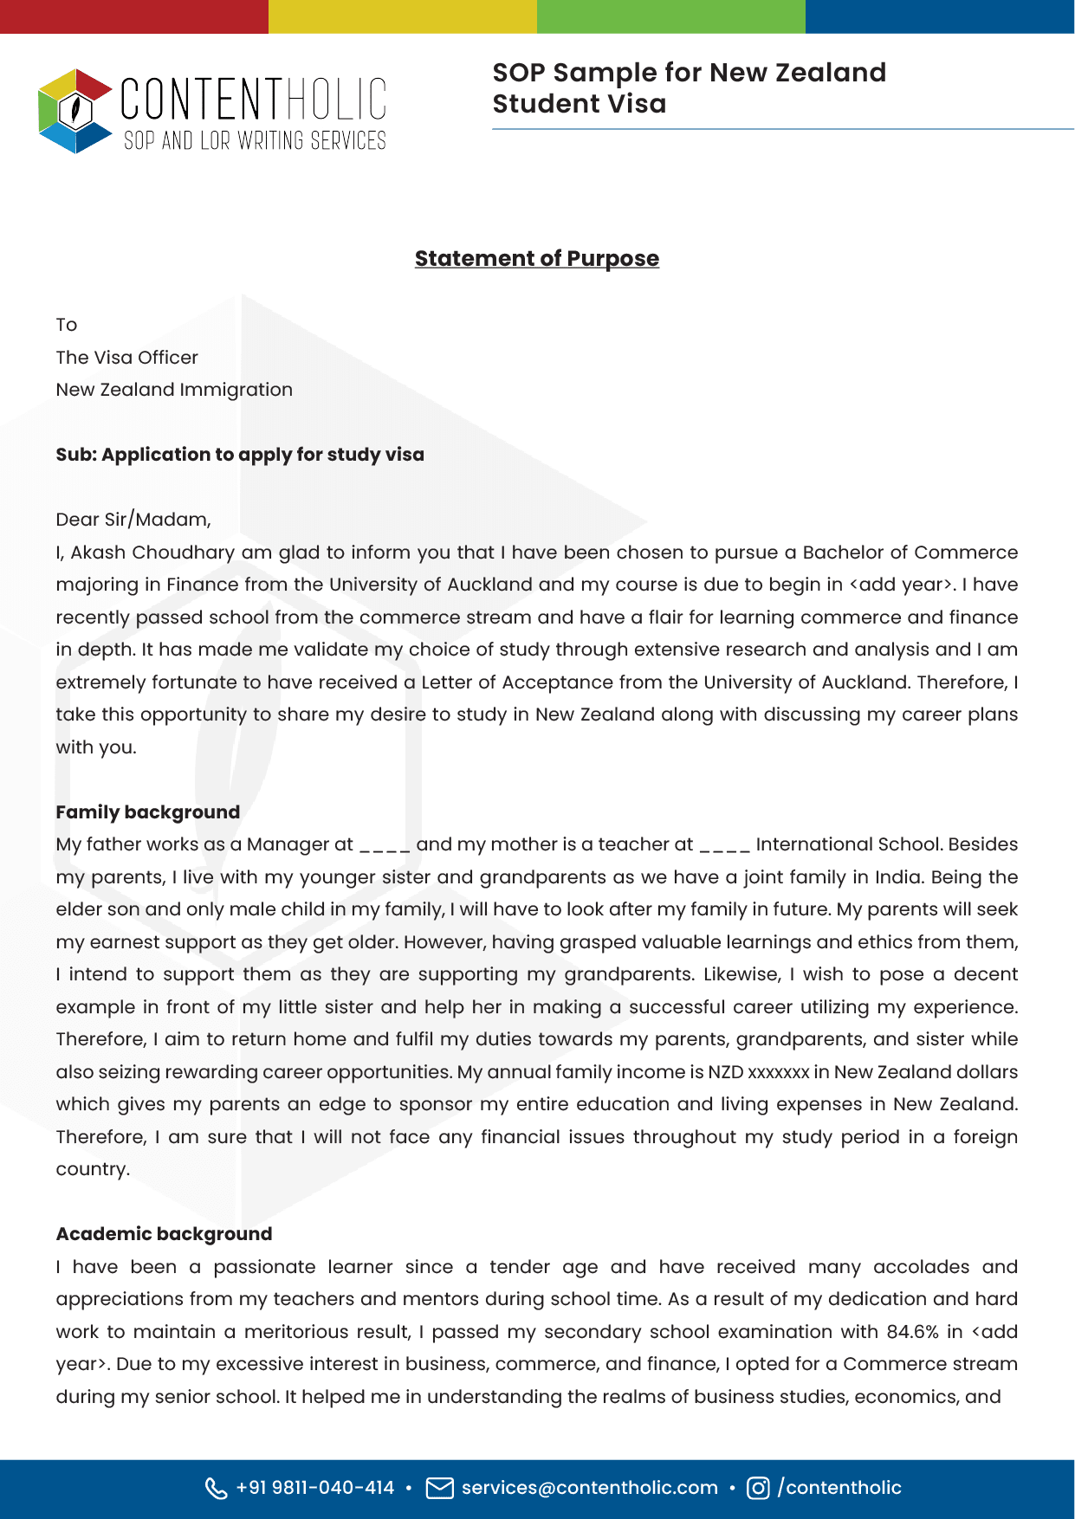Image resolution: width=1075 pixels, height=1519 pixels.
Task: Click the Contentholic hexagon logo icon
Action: (x=75, y=111)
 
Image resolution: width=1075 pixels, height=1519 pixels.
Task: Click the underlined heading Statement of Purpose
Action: (x=536, y=258)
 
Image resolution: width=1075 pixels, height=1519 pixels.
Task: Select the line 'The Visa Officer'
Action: (x=126, y=358)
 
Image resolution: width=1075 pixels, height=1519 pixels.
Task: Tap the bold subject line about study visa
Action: (x=240, y=455)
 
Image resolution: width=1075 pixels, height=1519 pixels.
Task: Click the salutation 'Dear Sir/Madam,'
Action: (x=133, y=520)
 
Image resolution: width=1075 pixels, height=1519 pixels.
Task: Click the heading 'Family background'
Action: (x=147, y=812)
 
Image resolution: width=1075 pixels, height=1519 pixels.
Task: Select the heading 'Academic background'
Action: (x=164, y=1234)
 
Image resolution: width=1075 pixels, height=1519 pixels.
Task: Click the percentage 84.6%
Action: (x=912, y=1332)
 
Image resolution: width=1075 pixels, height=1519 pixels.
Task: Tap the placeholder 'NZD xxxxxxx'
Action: (x=758, y=1072)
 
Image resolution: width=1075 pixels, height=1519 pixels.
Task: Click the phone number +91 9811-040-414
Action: (x=314, y=1488)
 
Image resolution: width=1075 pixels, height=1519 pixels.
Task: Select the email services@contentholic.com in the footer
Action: (x=589, y=1488)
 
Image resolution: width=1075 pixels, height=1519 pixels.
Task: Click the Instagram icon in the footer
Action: (x=758, y=1488)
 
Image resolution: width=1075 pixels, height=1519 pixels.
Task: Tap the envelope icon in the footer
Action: (x=440, y=1488)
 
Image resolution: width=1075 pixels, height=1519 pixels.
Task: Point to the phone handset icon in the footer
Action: (x=216, y=1488)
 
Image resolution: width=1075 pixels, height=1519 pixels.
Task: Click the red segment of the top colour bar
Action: (x=134, y=16)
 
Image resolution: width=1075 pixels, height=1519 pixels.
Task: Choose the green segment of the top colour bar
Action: (x=671, y=16)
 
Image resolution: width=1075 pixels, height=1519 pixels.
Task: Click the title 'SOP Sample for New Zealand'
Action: (x=689, y=73)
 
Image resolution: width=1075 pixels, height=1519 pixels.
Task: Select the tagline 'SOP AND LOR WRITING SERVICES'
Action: (x=255, y=141)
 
